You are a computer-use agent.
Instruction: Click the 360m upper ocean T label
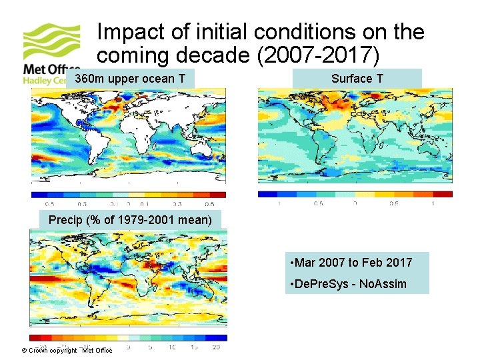click(x=130, y=79)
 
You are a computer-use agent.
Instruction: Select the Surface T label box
click(x=357, y=79)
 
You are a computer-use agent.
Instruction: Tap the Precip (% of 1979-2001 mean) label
click(x=130, y=219)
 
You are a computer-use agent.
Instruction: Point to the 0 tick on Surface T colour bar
click(x=355, y=203)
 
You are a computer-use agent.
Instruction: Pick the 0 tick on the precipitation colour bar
click(x=129, y=347)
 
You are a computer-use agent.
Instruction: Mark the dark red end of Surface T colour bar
click(x=443, y=194)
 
